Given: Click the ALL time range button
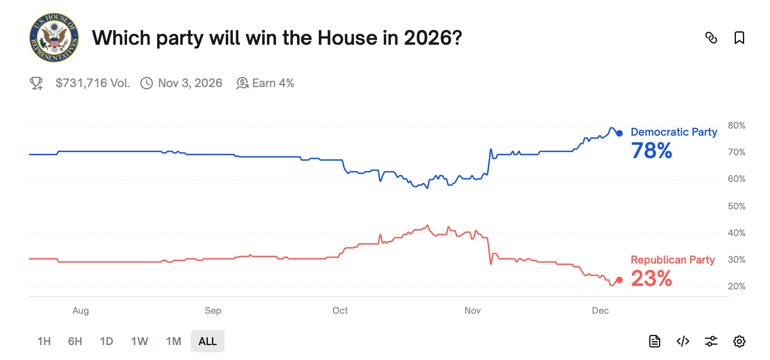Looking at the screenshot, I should point(207,341).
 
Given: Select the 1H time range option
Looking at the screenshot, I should point(44,341).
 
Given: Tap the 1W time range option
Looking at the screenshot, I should point(140,341).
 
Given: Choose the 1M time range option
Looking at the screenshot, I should point(173,341).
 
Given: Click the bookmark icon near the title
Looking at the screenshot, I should point(739,38).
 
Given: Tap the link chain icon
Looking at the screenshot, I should point(711,38).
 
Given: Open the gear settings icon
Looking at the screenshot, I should point(739,341).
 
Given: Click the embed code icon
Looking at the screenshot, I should point(683,341).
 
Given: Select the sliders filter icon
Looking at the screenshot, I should point(711,341).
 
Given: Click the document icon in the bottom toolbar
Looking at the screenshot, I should point(654,341).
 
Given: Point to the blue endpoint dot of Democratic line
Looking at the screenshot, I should point(619,133).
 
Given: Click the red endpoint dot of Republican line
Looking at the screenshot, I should point(619,280).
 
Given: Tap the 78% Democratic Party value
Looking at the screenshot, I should point(651,151).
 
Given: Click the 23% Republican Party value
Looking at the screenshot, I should point(651,278).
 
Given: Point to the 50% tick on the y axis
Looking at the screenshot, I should point(736,206).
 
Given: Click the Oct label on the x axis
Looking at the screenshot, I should point(340,311).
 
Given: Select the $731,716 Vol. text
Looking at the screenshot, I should point(92,83).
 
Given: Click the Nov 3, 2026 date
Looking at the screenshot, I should point(190,83).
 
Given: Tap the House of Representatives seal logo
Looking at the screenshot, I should point(54,38).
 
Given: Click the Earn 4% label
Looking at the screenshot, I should point(272,83).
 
